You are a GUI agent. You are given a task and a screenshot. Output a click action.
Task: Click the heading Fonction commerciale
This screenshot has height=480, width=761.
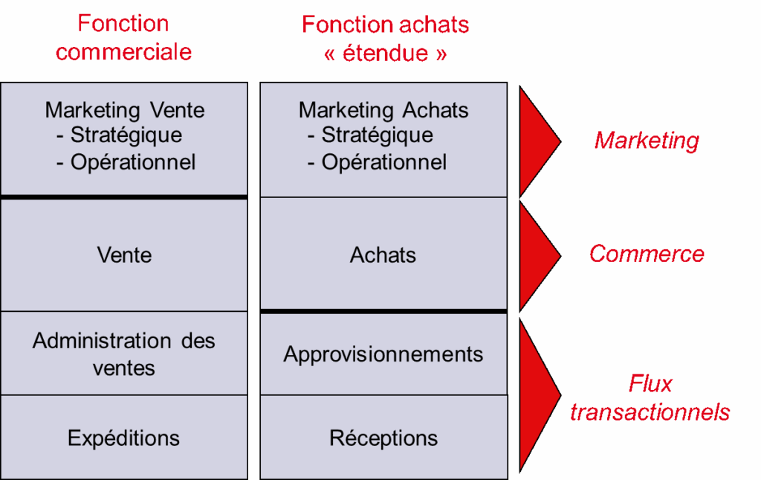[123, 38]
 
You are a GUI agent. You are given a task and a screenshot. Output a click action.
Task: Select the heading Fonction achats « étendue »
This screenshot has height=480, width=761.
[385, 39]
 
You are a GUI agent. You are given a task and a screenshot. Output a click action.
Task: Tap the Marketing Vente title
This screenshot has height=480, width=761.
[125, 110]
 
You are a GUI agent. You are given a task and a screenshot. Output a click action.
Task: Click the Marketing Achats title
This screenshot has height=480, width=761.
[383, 110]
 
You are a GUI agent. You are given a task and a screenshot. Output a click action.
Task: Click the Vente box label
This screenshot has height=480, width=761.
[124, 255]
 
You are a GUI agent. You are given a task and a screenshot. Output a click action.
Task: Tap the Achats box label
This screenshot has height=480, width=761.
[383, 255]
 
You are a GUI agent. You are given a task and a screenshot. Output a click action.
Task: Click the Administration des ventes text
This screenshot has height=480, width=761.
[124, 354]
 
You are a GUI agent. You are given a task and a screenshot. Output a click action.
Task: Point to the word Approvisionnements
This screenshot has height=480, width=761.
[383, 354]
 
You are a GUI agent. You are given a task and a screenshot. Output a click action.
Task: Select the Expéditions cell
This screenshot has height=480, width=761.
[124, 438]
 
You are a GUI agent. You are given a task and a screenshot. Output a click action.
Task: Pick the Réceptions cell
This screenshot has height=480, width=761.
[383, 438]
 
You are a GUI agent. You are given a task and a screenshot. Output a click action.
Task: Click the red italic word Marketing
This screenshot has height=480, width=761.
[647, 140]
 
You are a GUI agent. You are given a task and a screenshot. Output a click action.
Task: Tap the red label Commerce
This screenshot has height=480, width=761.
[647, 254]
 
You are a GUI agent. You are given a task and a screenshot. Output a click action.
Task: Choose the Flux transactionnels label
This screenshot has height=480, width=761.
[650, 398]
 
